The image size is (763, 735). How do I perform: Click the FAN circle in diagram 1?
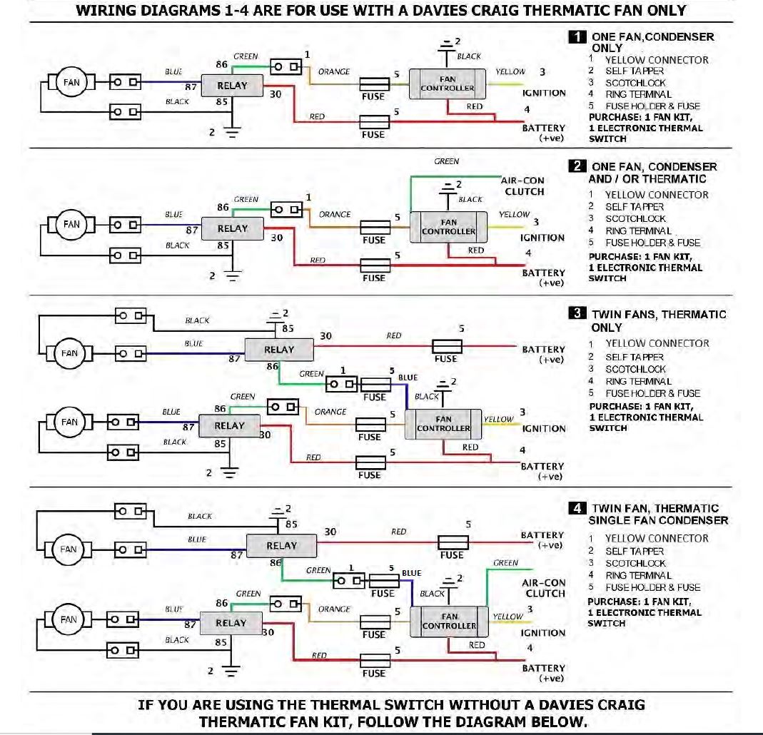coord(71,83)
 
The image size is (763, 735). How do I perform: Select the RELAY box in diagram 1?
coord(232,86)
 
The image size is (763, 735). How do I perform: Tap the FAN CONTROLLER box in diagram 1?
coord(447,84)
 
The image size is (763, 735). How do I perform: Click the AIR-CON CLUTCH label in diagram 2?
coord(524,186)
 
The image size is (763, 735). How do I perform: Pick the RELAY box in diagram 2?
coord(232,229)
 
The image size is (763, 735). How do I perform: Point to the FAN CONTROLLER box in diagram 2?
coord(448,228)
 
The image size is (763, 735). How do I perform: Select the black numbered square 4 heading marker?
coord(577,509)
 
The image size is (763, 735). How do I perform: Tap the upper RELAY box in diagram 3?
coord(279,350)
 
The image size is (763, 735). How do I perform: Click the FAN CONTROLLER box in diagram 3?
coord(443,424)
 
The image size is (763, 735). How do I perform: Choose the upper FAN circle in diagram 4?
coord(69,549)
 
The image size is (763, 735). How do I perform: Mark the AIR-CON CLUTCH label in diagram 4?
coord(545,588)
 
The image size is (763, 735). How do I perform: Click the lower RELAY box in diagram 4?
coord(231,623)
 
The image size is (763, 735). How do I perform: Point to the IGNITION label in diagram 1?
coord(544,93)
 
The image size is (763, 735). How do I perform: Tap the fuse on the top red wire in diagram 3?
coord(447,348)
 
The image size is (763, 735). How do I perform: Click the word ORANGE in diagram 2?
coord(335,214)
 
